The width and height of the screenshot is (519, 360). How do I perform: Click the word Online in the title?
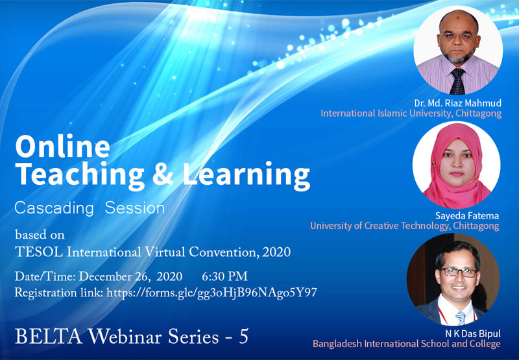62,146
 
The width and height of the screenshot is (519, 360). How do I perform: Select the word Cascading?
54,208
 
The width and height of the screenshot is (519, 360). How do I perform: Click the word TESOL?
39,252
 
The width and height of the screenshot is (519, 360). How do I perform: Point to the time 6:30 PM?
224,276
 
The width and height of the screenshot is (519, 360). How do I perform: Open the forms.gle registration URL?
212,293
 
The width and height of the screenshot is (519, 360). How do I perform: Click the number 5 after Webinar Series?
244,337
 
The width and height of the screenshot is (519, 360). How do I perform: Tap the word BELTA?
48,337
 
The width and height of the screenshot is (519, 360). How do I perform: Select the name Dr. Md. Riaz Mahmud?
458,103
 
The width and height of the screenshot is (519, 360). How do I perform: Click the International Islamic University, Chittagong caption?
411,114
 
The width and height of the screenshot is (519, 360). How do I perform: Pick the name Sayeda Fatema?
466,216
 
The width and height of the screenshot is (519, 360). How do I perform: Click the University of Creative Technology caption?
404,226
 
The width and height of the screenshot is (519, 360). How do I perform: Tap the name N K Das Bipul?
473,333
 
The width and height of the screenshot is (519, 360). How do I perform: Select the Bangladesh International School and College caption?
407,344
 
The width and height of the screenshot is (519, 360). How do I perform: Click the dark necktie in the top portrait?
458,81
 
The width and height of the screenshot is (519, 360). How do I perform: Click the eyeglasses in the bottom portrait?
459,272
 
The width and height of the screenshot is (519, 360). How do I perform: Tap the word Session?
135,208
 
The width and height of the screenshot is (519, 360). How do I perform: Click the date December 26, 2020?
130,276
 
